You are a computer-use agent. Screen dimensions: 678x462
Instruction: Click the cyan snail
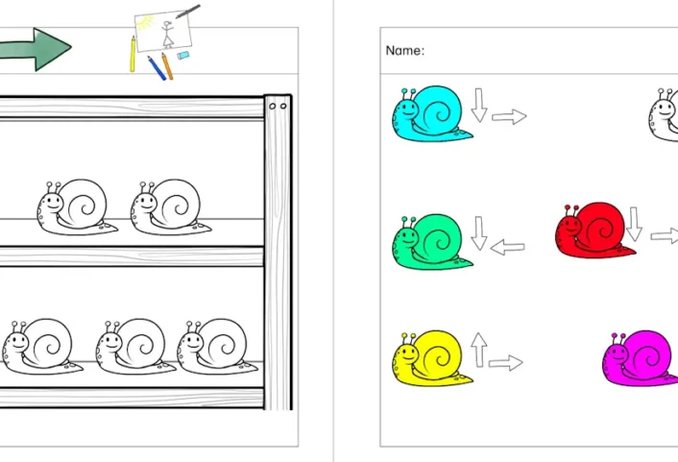point(431,114)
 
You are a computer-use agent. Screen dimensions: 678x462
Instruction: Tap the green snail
point(431,242)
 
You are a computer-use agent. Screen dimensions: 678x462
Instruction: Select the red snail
point(594,231)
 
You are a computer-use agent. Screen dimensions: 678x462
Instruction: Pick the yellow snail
point(431,358)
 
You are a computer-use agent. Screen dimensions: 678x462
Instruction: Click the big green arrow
point(35,49)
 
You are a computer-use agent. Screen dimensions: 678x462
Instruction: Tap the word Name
point(403,51)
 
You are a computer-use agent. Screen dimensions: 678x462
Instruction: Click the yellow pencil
point(133,54)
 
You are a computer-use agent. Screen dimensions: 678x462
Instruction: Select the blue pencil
point(157,68)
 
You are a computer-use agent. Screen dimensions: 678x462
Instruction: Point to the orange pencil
point(167,66)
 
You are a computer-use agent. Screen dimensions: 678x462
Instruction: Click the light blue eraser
point(182,56)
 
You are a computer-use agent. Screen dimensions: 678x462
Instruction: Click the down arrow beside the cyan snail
point(478,105)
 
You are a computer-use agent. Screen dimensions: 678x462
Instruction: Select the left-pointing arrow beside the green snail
point(508,248)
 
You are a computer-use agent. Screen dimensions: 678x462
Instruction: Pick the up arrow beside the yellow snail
point(478,350)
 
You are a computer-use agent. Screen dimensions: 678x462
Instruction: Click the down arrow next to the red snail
point(634,224)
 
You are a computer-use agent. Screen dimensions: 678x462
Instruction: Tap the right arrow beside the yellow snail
point(506,363)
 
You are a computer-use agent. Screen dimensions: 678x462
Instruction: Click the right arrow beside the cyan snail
point(509,116)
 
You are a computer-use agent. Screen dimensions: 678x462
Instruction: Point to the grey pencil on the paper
point(188,12)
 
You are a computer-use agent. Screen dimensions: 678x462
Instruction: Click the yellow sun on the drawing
point(145,23)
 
